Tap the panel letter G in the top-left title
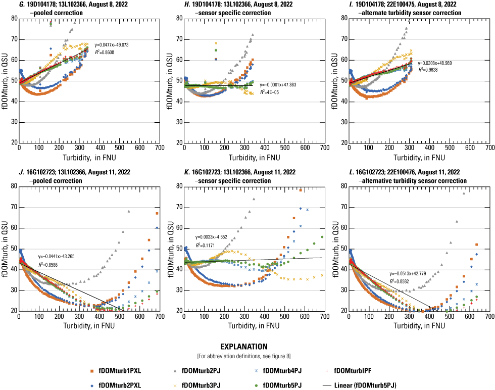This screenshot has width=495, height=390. coord(6,4)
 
